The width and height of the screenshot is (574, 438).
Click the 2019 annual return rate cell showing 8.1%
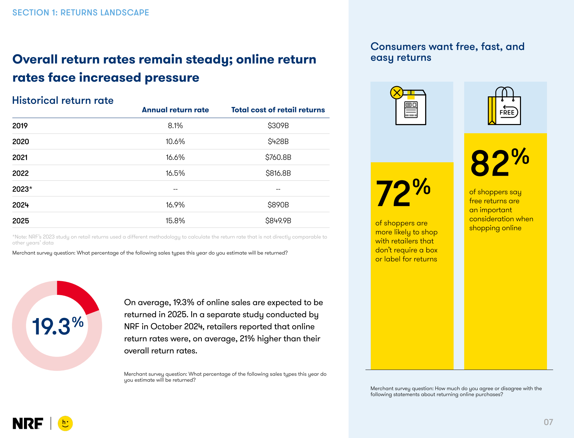pyautogui.click(x=175, y=126)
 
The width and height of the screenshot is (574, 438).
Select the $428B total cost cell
pyautogui.click(x=278, y=141)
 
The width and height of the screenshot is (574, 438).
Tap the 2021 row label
pyautogui.click(x=20, y=158)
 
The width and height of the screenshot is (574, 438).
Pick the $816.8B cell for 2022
pyautogui.click(x=278, y=173)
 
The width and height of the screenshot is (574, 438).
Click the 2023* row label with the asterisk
pyautogui.click(x=22, y=189)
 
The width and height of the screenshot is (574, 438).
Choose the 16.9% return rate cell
pyautogui.click(x=175, y=205)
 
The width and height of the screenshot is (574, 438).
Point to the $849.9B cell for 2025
pyautogui.click(x=278, y=221)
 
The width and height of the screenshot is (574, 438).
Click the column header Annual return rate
pyautogui.click(x=175, y=110)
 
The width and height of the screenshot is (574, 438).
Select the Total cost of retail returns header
pyautogui.click(x=278, y=110)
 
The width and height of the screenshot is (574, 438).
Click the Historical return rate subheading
pyautogui.click(x=63, y=100)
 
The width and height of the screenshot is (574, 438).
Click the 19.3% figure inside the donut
pyautogui.click(x=57, y=326)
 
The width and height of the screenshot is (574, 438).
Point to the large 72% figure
pyautogui.click(x=403, y=192)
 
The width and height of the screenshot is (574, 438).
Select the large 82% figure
pyautogui.click(x=499, y=162)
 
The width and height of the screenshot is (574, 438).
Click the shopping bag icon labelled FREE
pyautogui.click(x=504, y=106)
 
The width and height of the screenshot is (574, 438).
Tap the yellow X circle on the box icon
pyautogui.click(x=397, y=93)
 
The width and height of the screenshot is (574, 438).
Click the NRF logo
pyautogui.click(x=28, y=423)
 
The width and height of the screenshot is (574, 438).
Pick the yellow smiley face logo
pyautogui.click(x=65, y=423)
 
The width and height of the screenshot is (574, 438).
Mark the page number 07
pyautogui.click(x=548, y=422)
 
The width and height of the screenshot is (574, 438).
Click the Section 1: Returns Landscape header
pyautogui.click(x=80, y=13)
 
